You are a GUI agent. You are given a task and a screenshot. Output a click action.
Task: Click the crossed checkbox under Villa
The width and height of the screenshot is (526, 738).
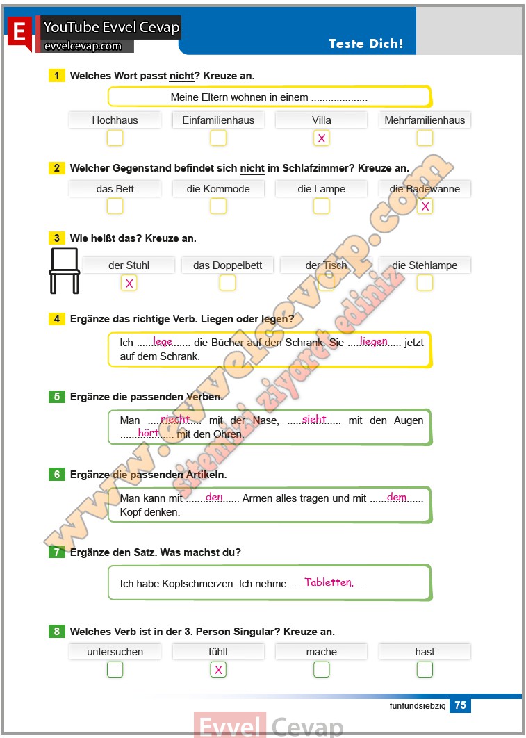(321, 138)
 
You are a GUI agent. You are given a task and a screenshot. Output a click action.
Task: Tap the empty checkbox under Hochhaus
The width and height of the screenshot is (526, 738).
(115, 138)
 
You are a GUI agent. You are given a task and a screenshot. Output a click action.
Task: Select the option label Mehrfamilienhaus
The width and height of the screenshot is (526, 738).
(425, 120)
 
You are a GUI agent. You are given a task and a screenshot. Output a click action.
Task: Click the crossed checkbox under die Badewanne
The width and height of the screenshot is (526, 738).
(425, 206)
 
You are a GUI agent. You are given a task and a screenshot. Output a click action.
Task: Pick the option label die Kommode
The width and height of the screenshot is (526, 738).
(218, 189)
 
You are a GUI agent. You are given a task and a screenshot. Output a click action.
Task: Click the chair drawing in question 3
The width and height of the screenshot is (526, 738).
(64, 270)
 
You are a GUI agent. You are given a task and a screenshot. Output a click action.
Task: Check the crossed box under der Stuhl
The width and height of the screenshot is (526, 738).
(129, 283)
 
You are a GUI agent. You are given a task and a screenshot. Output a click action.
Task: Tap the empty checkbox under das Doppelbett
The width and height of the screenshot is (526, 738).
(227, 283)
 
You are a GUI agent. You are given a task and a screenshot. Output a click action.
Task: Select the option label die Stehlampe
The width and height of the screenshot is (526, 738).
(425, 265)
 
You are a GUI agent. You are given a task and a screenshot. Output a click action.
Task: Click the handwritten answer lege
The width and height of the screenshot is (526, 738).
(163, 341)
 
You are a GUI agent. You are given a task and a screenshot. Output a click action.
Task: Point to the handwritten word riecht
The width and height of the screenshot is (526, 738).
(174, 419)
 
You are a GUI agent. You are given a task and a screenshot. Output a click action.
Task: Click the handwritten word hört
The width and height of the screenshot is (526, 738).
(149, 432)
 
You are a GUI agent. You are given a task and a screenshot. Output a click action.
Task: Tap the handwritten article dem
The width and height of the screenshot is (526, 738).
(396, 497)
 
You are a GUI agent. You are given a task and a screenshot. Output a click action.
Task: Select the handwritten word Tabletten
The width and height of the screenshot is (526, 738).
(328, 582)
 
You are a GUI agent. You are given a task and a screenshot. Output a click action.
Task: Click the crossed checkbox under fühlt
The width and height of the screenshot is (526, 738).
(218, 670)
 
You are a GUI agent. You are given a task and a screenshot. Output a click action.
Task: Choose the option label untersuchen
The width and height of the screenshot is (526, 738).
(115, 652)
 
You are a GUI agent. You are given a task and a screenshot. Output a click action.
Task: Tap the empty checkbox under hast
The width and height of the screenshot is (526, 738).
(425, 670)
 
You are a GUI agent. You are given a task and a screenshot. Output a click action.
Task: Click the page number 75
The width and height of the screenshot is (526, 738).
(460, 705)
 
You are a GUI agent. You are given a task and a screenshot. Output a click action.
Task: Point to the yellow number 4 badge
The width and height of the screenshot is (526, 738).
(57, 319)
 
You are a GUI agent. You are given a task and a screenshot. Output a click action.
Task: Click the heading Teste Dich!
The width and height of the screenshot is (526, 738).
(365, 43)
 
